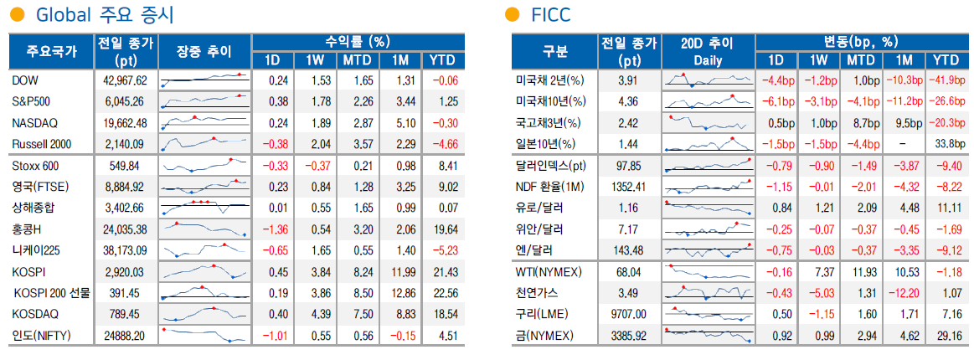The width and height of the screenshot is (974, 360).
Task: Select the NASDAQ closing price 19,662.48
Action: coord(124,122)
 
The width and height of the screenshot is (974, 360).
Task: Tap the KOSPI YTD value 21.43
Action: coord(443,272)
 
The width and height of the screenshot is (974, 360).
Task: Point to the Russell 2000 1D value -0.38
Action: coord(272,143)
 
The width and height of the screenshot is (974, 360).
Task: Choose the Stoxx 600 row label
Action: coord(34,166)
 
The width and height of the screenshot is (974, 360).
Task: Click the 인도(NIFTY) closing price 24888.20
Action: coord(124,336)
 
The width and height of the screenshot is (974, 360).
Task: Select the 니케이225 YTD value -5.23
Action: coord(443,250)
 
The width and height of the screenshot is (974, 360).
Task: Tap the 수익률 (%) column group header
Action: coord(358,41)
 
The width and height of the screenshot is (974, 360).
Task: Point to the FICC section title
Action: coord(550,14)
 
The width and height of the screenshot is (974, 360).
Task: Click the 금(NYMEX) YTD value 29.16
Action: coord(946,336)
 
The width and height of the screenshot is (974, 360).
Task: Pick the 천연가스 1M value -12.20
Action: coord(903,293)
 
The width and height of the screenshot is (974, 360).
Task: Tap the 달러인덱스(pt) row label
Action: coord(551,166)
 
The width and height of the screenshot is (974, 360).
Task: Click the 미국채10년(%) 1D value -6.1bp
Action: coord(776,101)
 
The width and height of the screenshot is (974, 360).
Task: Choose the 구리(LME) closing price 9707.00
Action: coord(627,315)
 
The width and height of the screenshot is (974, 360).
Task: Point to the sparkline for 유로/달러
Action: coord(708,208)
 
